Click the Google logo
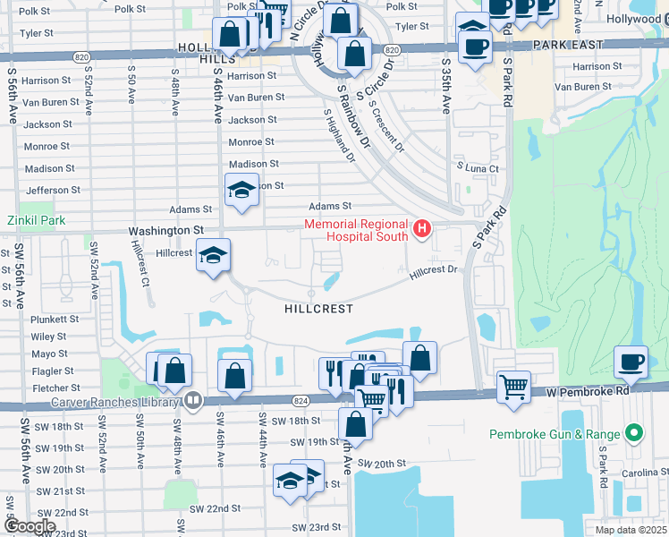pos(30,526)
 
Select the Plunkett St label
pos(55,319)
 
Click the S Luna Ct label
pos(478,167)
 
